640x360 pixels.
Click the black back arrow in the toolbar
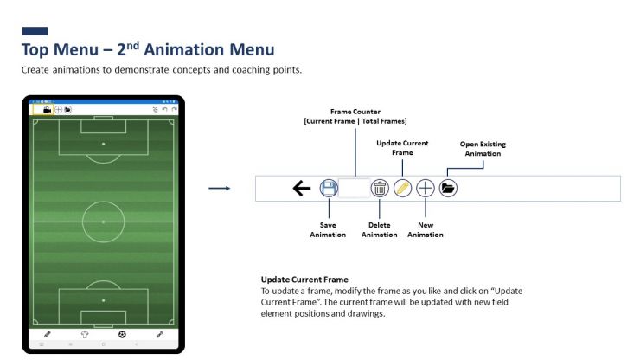pos(302,189)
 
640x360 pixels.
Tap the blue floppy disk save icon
pos(329,189)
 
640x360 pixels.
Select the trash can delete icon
pos(379,189)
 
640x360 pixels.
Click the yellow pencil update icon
pos(402,189)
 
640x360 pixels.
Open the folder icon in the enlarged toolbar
pos(447,188)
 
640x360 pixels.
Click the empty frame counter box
pos(354,189)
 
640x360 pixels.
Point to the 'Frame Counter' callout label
pos(355,116)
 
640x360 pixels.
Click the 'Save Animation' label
pos(328,229)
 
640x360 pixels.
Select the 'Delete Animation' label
pos(379,229)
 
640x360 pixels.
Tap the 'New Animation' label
pos(425,229)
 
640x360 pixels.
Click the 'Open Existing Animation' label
pos(482,148)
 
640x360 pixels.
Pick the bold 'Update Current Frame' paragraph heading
pos(304,280)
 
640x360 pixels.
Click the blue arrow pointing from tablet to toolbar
pos(220,188)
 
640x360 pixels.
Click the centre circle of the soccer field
pos(103,222)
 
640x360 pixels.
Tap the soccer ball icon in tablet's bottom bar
pos(121,334)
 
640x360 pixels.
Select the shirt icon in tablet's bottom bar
pos(85,334)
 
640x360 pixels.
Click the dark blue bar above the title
pos(35,31)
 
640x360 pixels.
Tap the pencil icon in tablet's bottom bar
pos(48,334)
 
